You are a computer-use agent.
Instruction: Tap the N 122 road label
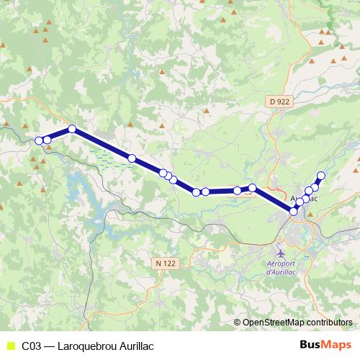pos(165,264)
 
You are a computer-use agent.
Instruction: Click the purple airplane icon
pos(281,253)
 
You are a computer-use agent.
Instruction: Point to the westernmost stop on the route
pos(39,140)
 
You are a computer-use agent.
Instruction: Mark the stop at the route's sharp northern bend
pos(72,130)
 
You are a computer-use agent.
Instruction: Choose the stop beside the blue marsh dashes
pos(132,158)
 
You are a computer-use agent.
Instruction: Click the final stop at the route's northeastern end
pos(321,176)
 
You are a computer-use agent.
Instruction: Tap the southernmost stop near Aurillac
pos(293,211)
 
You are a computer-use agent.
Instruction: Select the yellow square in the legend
pos(9,346)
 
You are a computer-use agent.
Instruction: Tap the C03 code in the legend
pos(31,346)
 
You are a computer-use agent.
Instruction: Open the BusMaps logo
pos(325,345)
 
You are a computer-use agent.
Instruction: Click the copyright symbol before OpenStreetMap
pos(238,323)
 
